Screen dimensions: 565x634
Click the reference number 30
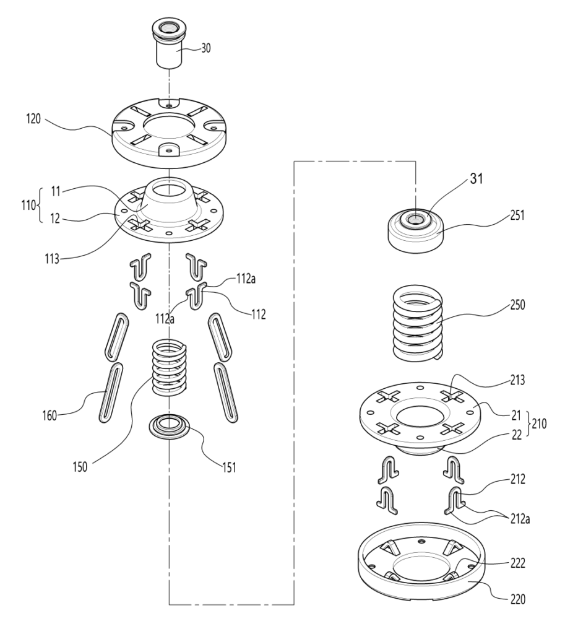click(205, 48)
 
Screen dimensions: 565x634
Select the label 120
click(33, 119)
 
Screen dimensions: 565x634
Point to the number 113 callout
click(52, 259)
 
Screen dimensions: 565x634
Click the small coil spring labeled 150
click(170, 367)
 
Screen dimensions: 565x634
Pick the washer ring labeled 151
click(170, 426)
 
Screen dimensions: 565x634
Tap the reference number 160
click(50, 415)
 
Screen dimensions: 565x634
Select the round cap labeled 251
click(416, 231)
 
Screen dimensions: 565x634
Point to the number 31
click(477, 178)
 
